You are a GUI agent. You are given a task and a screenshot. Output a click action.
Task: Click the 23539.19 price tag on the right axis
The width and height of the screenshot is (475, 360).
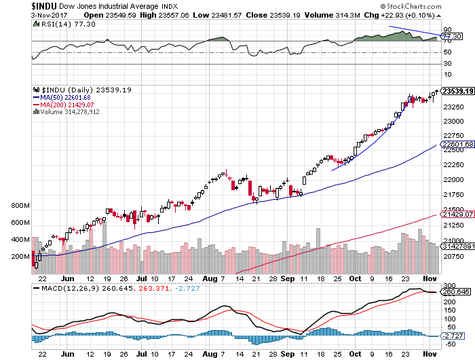457,90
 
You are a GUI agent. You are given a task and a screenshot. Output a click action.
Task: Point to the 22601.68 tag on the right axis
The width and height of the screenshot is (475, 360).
456,144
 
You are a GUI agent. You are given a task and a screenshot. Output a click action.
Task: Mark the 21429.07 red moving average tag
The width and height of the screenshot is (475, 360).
456,214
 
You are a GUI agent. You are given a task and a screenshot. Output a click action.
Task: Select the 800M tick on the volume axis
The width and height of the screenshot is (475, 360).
21,206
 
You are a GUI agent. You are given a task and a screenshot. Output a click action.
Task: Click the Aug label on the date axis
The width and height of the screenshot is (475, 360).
208,278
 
